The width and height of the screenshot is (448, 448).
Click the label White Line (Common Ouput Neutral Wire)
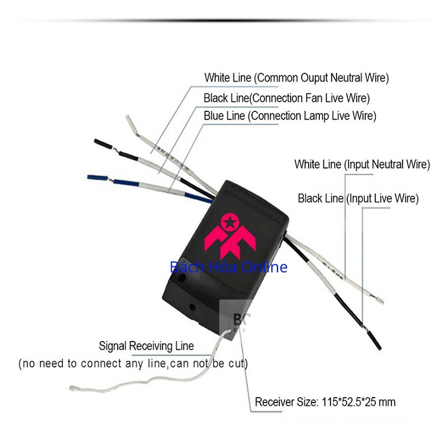point(297,78)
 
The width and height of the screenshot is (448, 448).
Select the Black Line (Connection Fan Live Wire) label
point(287,98)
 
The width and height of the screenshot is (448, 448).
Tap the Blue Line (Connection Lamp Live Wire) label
point(290,116)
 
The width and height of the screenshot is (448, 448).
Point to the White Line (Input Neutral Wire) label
point(362,164)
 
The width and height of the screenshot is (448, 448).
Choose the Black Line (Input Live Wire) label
point(358,198)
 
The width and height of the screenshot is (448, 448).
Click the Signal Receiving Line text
point(146,346)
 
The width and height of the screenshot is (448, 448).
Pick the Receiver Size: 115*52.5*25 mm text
point(325,402)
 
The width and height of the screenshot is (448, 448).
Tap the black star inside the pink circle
point(230,222)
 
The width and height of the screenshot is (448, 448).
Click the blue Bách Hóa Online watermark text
point(228,267)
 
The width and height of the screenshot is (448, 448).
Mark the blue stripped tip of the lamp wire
point(98,178)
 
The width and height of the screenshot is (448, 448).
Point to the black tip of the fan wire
point(103,144)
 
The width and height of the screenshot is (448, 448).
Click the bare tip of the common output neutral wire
point(131,124)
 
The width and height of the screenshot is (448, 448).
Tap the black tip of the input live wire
point(375,340)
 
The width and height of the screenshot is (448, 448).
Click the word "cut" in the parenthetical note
point(236,363)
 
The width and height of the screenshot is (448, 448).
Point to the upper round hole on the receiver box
point(182,278)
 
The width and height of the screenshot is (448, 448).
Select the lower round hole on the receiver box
point(192,307)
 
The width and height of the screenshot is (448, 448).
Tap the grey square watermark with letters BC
point(235,317)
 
